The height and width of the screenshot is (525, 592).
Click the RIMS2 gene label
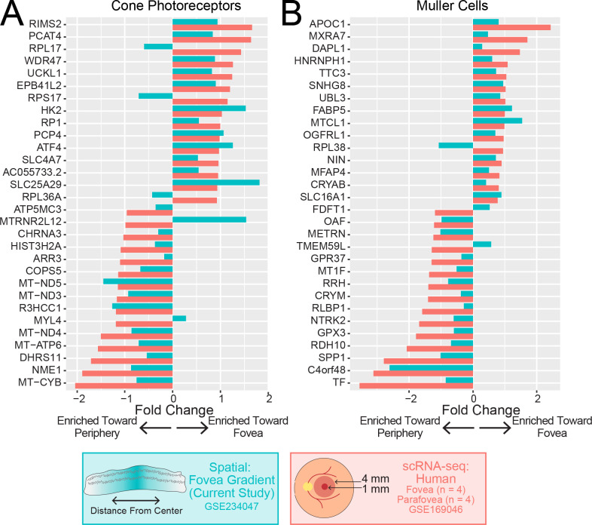[44, 23]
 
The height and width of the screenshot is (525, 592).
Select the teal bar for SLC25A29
[216, 182]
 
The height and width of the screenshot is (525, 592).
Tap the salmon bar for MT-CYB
[124, 385]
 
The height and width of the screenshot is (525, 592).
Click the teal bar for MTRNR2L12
[209, 220]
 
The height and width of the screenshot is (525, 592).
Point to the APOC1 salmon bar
[511, 27]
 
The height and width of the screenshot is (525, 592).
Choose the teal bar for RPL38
[456, 145]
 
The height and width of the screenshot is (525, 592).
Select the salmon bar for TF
[416, 385]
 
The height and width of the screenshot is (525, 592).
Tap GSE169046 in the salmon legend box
[442, 508]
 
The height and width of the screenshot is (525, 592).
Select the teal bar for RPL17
[158, 47]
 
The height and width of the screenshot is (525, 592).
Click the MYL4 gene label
[47, 321]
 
